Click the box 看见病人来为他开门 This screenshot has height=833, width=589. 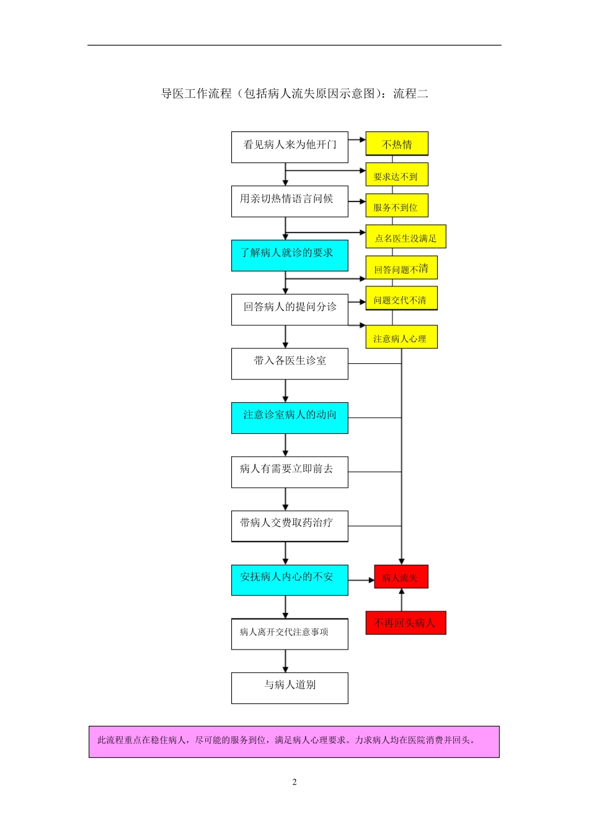(290, 147)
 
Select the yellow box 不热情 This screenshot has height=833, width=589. (397, 144)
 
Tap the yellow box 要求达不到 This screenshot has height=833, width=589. (397, 175)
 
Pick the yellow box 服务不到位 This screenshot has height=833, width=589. (397, 206)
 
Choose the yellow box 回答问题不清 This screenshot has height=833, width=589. (401, 268)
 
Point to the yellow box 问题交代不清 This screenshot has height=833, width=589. (401, 299)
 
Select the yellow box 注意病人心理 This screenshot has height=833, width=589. (401, 338)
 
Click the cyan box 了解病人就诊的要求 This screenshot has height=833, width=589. (290, 255)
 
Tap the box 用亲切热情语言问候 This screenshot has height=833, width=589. (290, 201)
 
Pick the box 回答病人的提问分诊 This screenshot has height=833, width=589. (290, 309)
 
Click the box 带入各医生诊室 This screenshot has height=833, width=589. (290, 363)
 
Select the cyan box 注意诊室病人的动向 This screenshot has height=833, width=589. (290, 417)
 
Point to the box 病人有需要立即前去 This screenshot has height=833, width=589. (290, 472)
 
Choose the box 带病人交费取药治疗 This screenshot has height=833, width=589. (290, 526)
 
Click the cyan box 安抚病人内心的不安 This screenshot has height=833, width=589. (290, 580)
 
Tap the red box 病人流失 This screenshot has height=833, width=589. (401, 577)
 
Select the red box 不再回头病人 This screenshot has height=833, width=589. (405, 623)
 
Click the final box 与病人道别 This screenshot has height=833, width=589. (290, 687)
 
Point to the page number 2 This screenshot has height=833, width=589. (294, 782)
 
